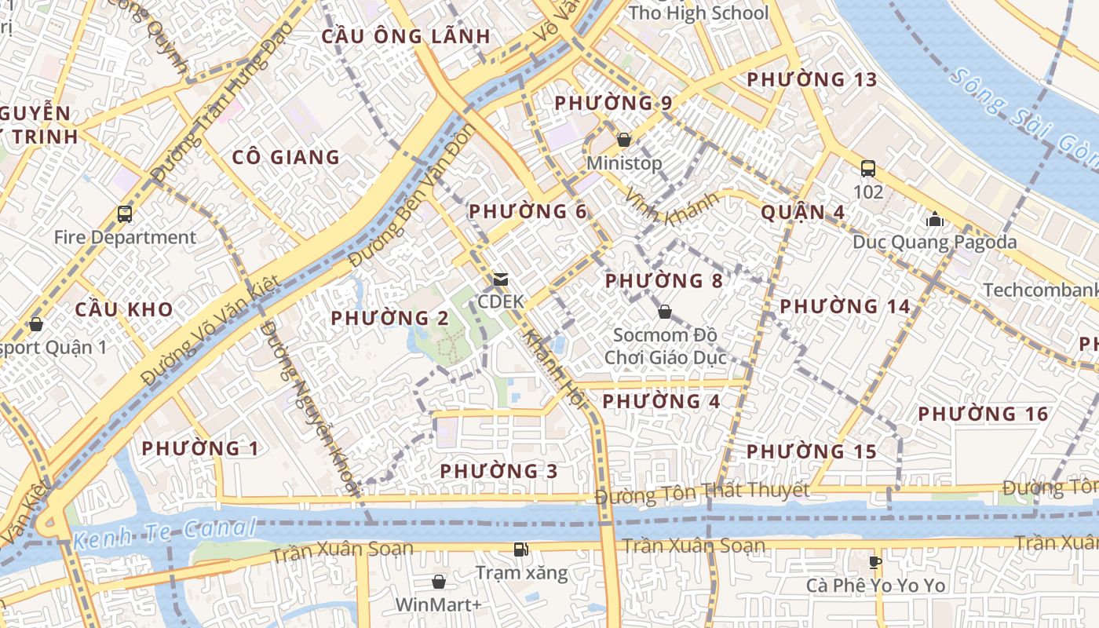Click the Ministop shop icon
coord(624,140)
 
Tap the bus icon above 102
coord(868,168)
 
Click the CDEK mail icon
coord(500,279)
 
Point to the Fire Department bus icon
coord(125,214)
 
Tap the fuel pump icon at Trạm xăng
coord(520,549)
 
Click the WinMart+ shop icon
coord(439,582)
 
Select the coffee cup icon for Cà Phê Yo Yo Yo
coord(876,562)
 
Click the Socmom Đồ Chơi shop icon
coord(665,312)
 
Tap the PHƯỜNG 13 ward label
coord(812,79)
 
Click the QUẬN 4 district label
coord(802,212)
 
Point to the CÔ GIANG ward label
coord(286,157)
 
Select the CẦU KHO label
coord(124,309)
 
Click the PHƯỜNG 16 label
coord(983,414)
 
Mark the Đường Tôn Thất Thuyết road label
coord(701,494)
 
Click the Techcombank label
coord(1040,290)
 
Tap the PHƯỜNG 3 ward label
coord(498,471)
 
